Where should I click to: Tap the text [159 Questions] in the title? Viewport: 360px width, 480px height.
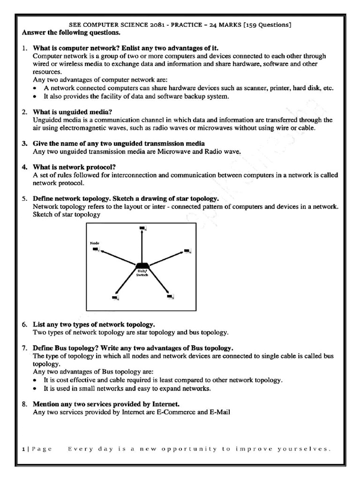coord(266,25)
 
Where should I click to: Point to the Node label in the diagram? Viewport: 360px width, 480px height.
coord(94,243)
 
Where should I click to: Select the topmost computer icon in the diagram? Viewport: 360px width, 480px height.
coord(142,228)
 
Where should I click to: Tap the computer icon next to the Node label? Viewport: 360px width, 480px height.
coord(96,249)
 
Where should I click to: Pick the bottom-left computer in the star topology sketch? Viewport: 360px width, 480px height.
coord(115,297)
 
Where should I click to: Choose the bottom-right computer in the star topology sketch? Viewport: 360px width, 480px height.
coord(171,296)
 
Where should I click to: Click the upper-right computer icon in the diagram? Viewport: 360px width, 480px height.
coord(187,251)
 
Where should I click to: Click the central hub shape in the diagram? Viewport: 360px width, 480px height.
coord(142,266)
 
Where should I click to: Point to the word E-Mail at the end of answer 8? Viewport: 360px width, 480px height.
coord(219,412)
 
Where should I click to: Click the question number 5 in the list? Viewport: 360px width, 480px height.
coord(24,199)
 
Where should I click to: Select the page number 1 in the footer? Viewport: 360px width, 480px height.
coord(23,449)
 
